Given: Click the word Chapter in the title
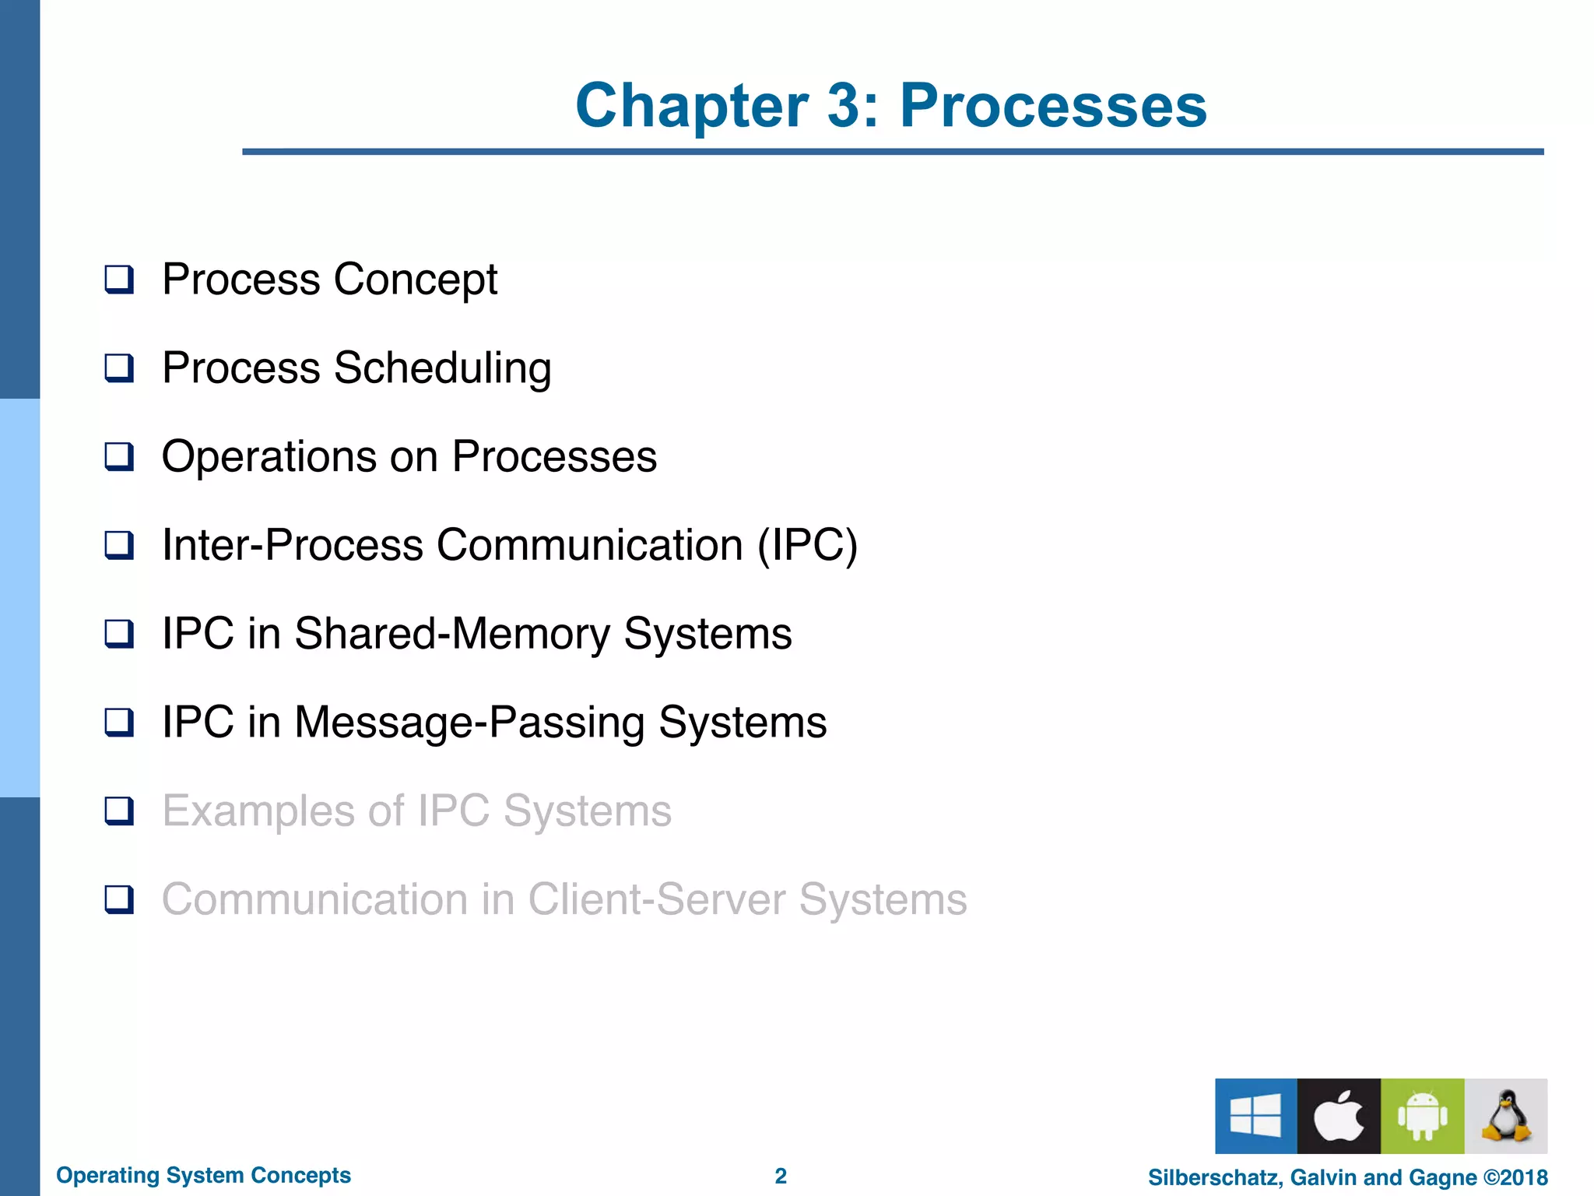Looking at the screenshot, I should click(x=692, y=106).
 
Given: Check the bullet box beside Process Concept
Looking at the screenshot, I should click(x=119, y=279).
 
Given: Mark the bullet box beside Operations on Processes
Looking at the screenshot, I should click(x=119, y=456).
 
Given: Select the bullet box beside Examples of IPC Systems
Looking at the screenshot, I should click(x=119, y=811).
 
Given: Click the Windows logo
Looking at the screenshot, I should click(x=1255, y=1116).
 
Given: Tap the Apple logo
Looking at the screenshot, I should click(x=1339, y=1116).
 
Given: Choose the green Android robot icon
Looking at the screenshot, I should click(x=1422, y=1116).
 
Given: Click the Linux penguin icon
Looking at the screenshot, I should click(x=1506, y=1116).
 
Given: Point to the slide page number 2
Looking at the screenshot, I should click(x=781, y=1176).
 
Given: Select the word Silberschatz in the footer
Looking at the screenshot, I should click(x=1213, y=1177).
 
